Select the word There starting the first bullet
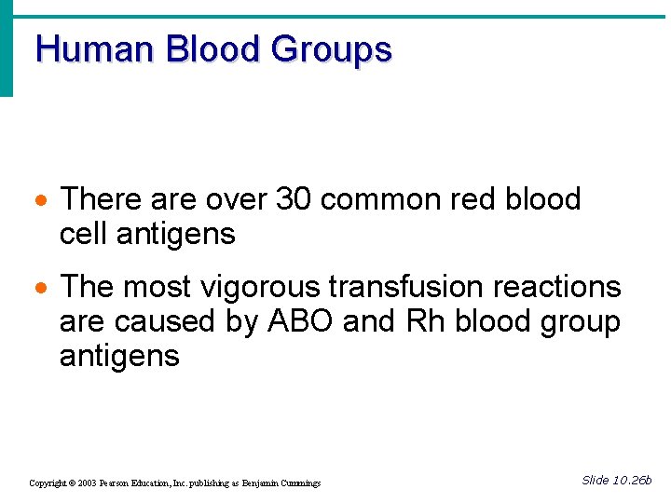coord(102,199)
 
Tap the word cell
coord(85,233)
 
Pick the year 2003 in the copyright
coord(88,483)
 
